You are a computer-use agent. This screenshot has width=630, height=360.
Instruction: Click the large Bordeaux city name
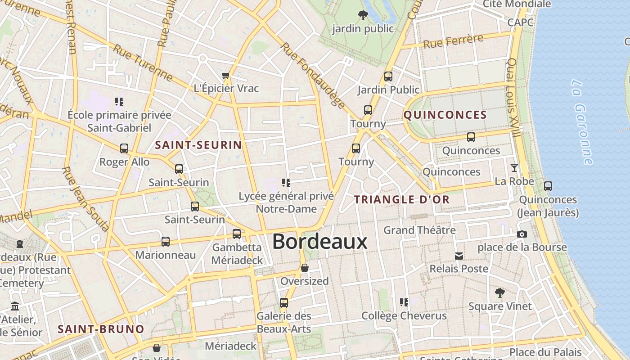click(319, 242)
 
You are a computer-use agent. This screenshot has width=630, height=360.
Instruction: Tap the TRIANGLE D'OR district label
click(402, 199)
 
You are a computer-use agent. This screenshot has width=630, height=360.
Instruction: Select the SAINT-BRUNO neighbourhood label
click(101, 329)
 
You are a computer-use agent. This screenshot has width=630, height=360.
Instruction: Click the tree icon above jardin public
click(363, 16)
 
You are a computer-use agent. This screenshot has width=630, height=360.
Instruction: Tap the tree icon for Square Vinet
click(499, 293)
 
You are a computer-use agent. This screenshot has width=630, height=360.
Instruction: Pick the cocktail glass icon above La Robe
click(514, 168)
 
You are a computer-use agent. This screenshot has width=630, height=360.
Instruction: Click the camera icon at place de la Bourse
click(522, 234)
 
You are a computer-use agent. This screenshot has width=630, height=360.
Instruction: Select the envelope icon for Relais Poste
click(459, 256)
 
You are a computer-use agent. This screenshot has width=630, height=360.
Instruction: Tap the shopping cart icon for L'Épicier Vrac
click(226, 75)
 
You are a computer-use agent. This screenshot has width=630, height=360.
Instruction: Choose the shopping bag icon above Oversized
click(305, 268)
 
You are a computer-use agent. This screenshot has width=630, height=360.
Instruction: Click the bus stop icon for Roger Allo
click(124, 148)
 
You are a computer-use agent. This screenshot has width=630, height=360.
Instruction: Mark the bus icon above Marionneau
click(166, 242)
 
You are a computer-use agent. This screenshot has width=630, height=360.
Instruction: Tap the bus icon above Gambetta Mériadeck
click(237, 234)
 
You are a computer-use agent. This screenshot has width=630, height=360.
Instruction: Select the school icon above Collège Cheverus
click(404, 302)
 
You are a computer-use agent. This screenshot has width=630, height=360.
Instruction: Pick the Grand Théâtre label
click(419, 230)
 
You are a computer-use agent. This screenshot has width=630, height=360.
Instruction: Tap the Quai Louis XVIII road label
click(514, 97)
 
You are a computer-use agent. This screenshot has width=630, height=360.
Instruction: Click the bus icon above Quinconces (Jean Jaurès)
click(548, 186)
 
